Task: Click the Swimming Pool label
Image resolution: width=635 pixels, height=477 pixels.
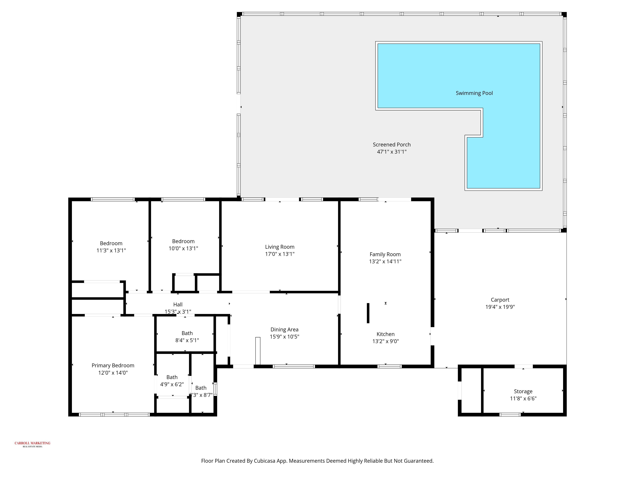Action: pos(474,93)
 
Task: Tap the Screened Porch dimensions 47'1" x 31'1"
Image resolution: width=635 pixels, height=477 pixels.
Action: pos(392,152)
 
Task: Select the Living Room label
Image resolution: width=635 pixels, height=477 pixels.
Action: pos(280,247)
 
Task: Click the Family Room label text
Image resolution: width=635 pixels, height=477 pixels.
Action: pos(385,254)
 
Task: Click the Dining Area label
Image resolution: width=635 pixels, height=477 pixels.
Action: pos(284,329)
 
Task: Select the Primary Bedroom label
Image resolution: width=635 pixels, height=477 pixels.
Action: pos(113,365)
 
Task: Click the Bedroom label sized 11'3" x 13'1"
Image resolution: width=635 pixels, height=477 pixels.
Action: pos(111,244)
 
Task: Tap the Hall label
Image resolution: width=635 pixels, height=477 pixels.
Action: pos(178,304)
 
